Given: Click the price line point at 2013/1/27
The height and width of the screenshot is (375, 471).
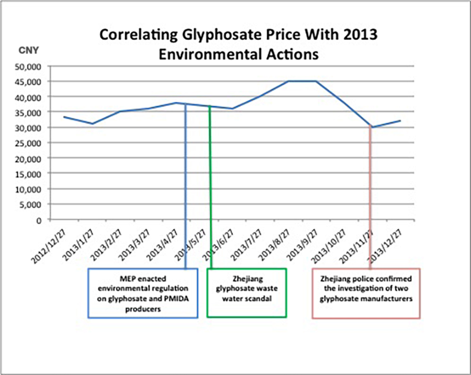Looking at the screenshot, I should (92, 124).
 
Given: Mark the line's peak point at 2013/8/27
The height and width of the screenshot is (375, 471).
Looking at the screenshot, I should (288, 81).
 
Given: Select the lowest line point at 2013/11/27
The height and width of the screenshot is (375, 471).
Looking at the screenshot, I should (372, 127).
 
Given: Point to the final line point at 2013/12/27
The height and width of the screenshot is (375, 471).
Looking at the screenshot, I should (400, 120).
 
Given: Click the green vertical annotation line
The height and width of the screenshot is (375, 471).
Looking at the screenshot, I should (210, 188).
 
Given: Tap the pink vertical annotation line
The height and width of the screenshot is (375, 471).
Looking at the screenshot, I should (370, 198).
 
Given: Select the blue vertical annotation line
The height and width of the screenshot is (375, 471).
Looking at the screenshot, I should (186, 188).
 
